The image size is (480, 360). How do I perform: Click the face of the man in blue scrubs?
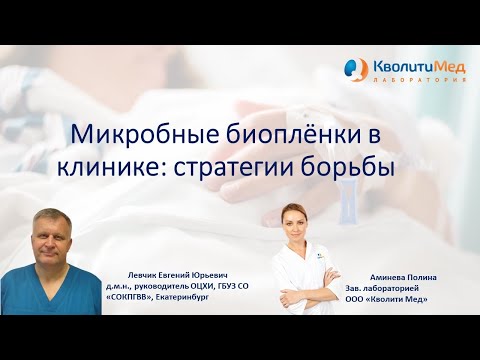49,232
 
